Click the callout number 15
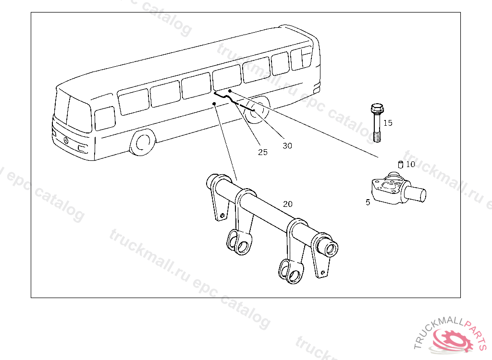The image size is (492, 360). pyautogui.click(x=388, y=123)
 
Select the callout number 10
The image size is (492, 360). pyautogui.click(x=410, y=164)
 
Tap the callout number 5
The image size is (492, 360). pyautogui.click(x=368, y=203)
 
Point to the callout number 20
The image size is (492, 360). pyautogui.click(x=287, y=204)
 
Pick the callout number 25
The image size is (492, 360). pyautogui.click(x=262, y=152)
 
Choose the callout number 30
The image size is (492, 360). pyautogui.click(x=287, y=146)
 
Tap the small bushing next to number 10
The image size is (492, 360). pyautogui.click(x=399, y=165)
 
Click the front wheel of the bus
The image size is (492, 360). pyautogui.click(x=142, y=143)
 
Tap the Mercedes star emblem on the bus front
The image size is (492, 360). pyautogui.click(x=65, y=140)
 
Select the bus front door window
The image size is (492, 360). pyautogui.click(x=105, y=118)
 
